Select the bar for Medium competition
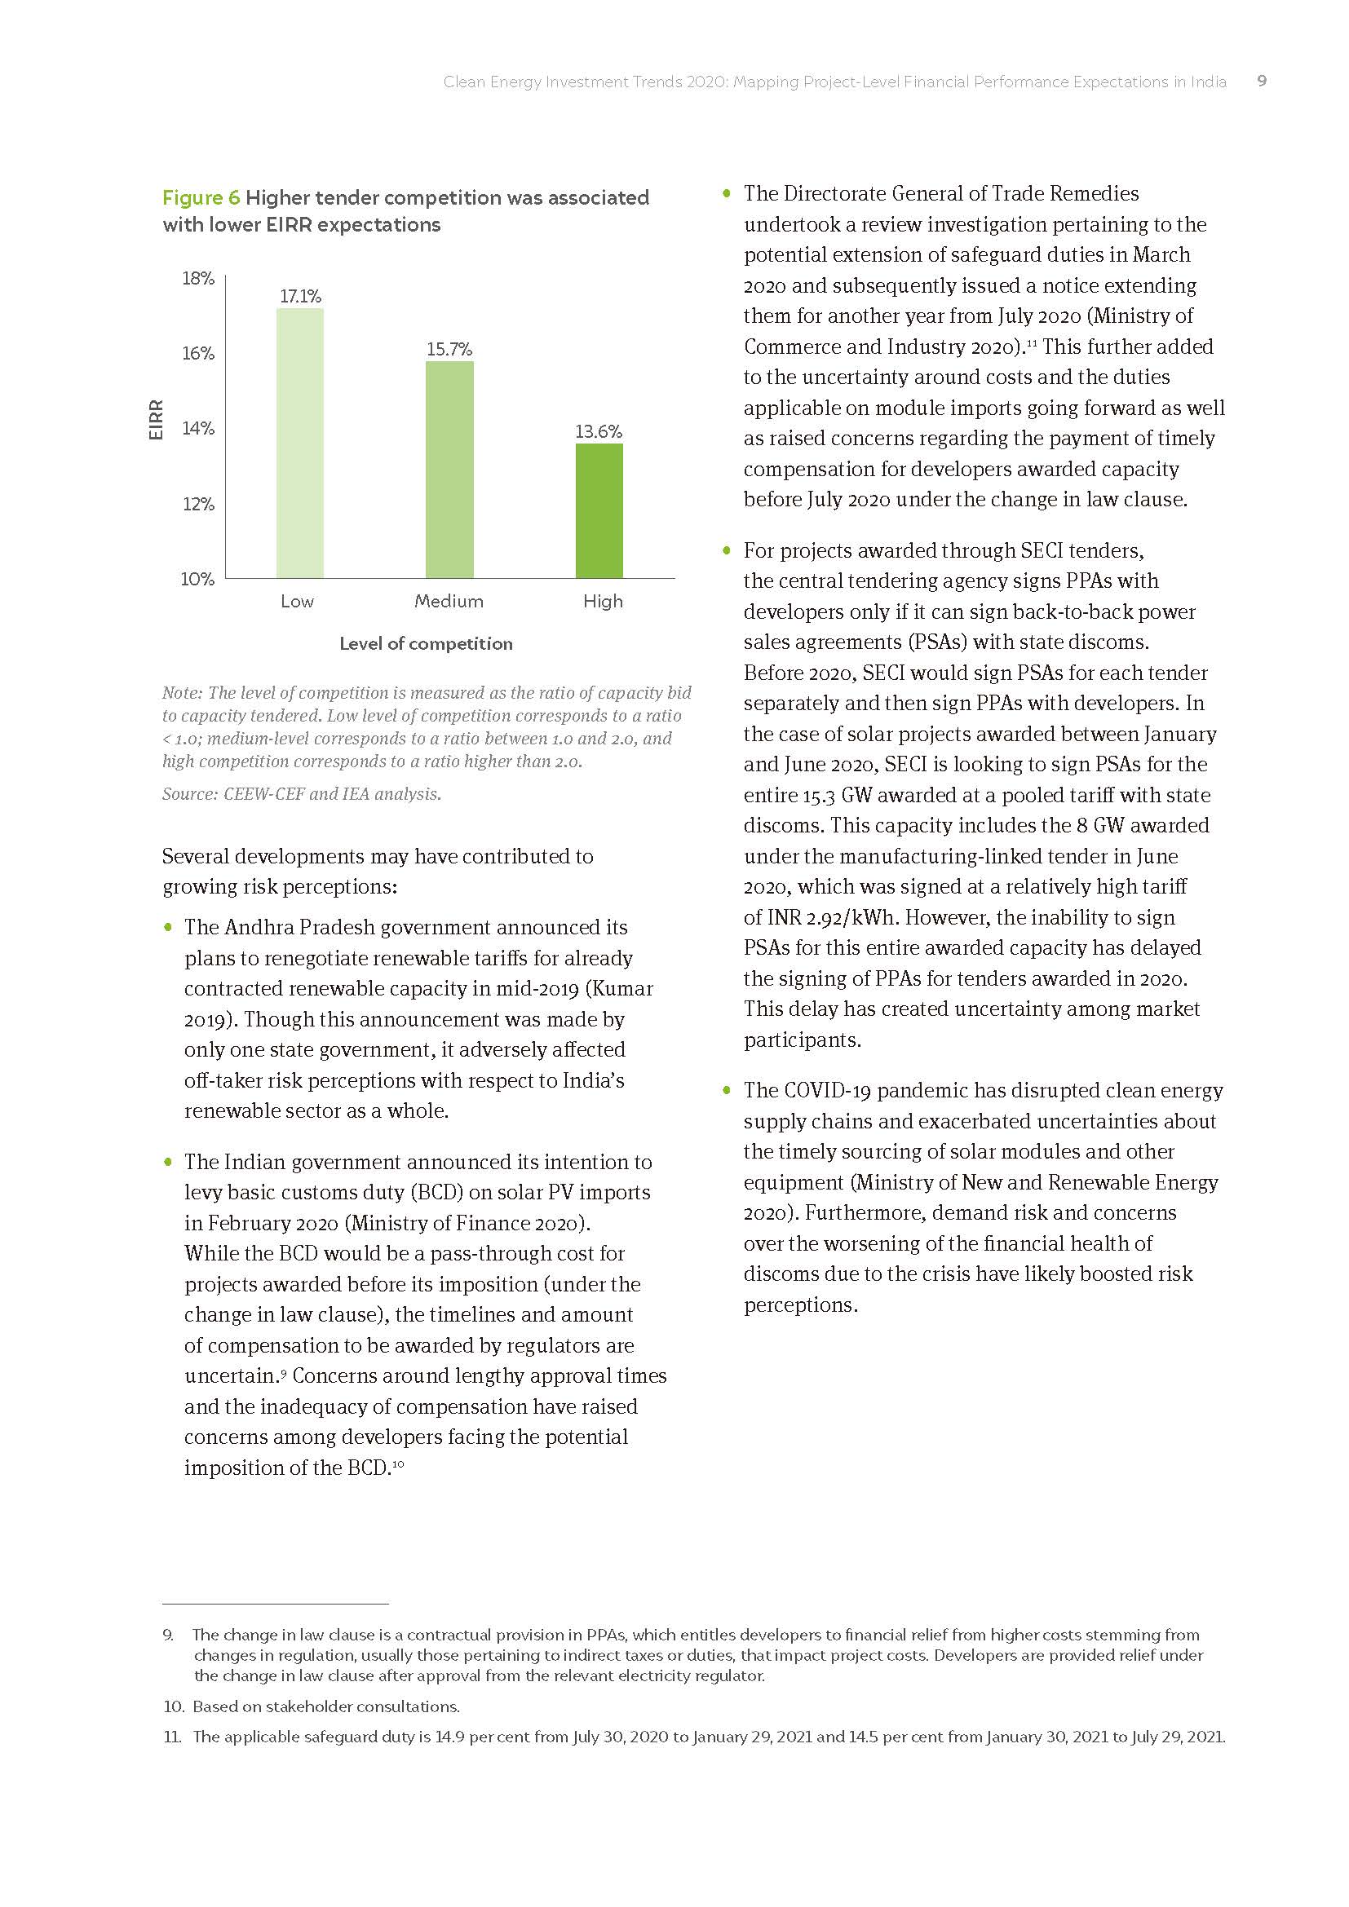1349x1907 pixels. tap(449, 470)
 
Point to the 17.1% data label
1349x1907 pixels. tap(300, 297)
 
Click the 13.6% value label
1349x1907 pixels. tap(598, 431)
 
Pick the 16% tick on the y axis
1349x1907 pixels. tap(197, 353)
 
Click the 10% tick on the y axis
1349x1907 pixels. tap(197, 579)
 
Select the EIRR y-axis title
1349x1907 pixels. tap(155, 420)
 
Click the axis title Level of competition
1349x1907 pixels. tap(425, 644)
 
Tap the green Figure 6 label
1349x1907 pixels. tap(200, 197)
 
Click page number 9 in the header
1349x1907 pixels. tap(1261, 82)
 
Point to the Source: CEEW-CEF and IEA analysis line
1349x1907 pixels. tap(302, 794)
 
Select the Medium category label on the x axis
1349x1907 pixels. tap(449, 602)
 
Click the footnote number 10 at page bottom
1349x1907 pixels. tap(173, 1706)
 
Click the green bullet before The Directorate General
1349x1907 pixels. tap(727, 193)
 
